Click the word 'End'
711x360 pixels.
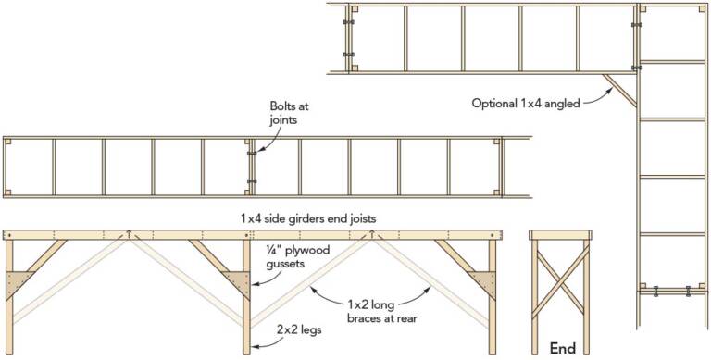pyautogui.click(x=562, y=348)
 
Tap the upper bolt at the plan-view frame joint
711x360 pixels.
pyautogui.click(x=251, y=154)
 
